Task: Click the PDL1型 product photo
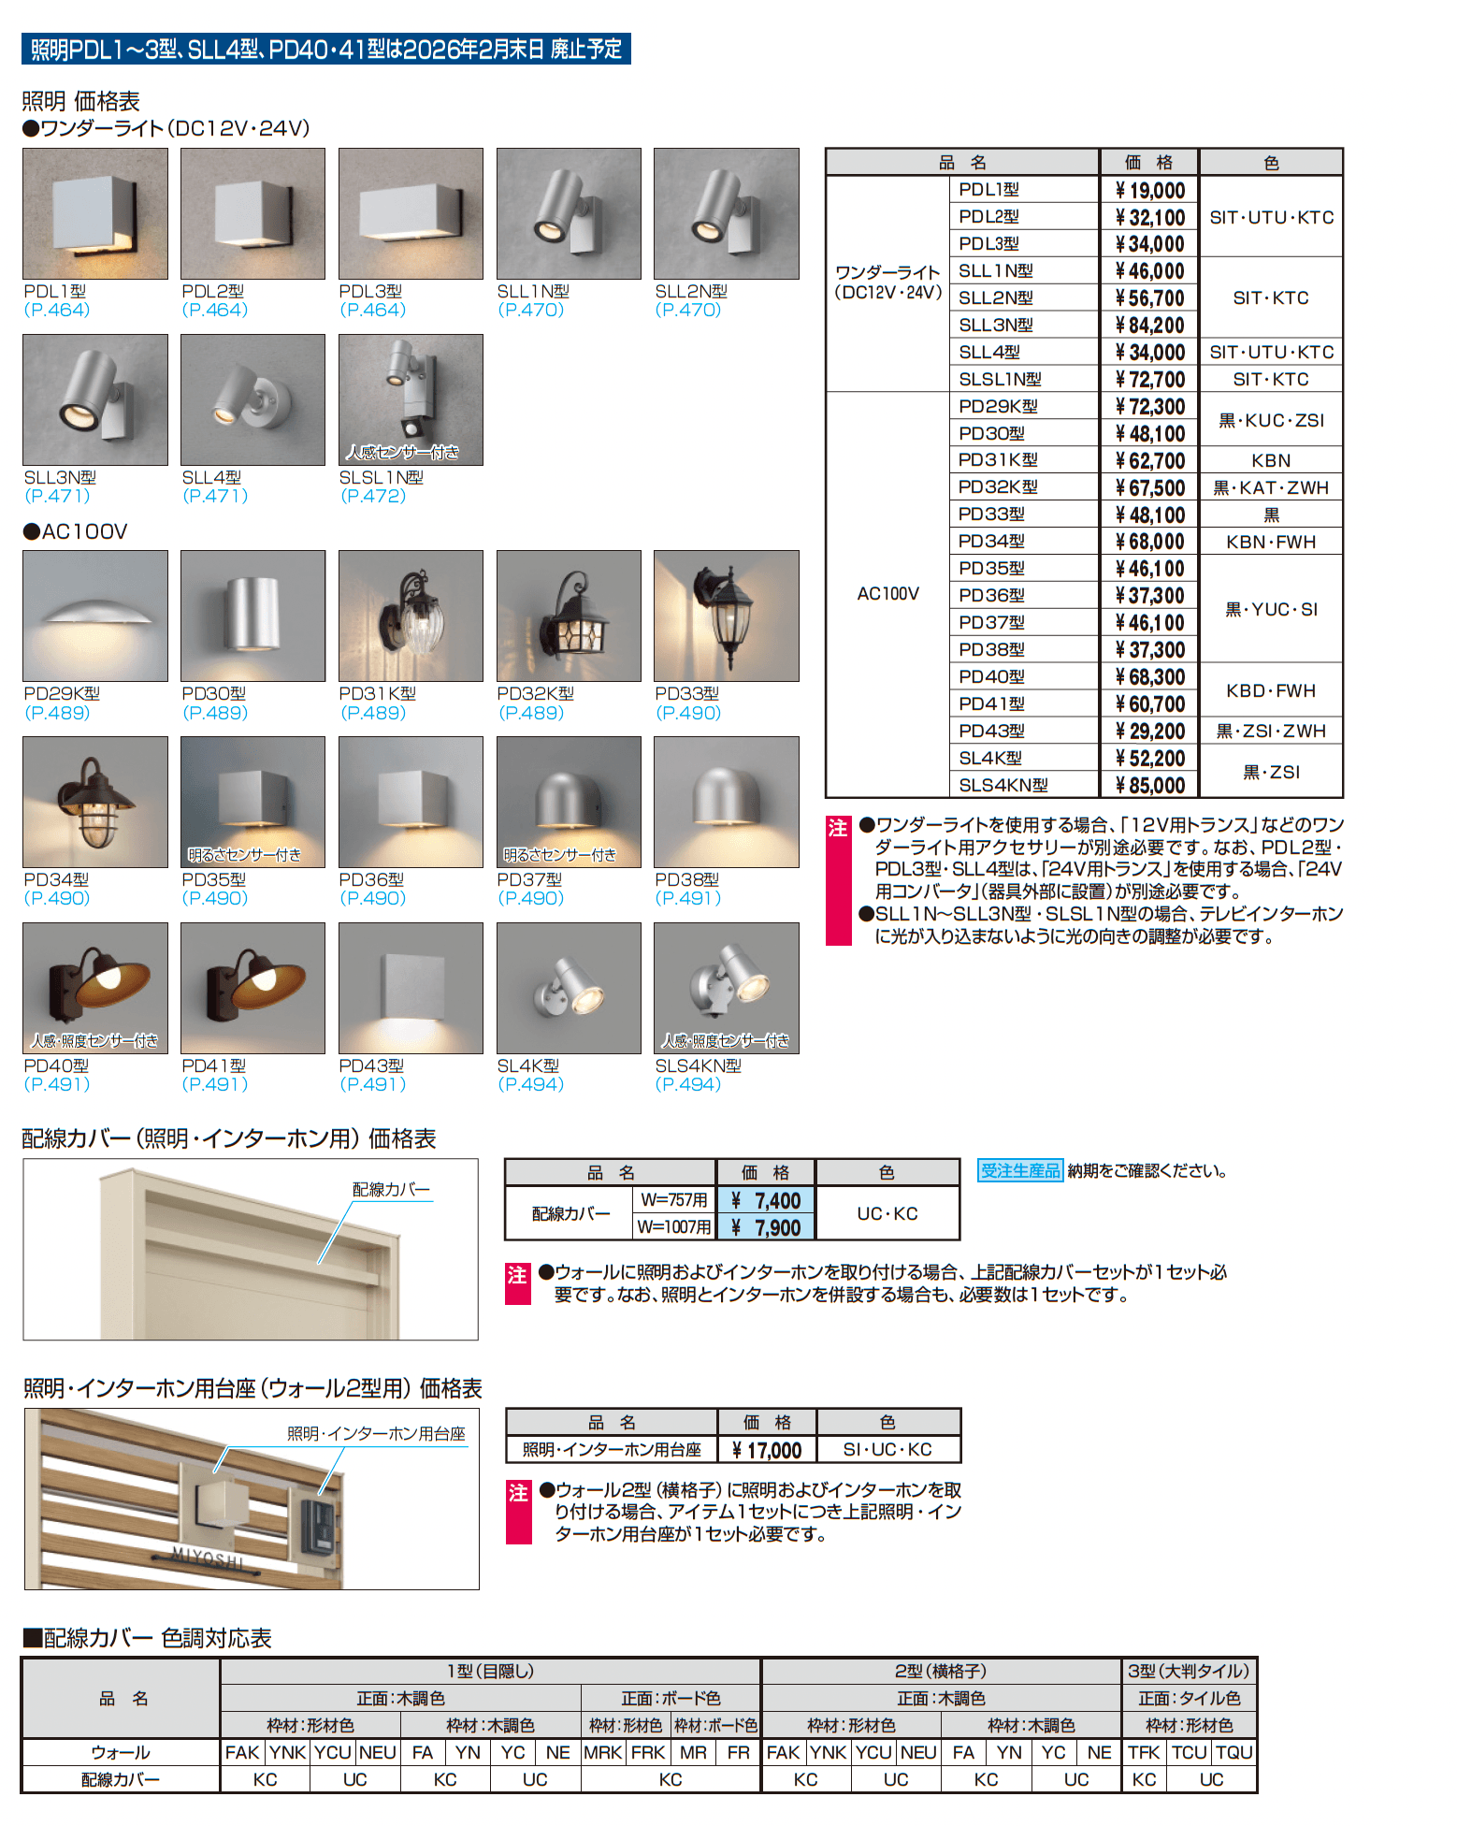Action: point(95,213)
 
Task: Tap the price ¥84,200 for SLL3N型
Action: point(1149,326)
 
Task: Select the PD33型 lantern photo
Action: point(726,616)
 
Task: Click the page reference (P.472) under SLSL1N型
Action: point(373,496)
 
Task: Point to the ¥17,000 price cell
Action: point(767,1450)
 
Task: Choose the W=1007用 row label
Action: point(673,1226)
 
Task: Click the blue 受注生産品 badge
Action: point(1019,1170)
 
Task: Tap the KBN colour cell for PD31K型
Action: point(1271,460)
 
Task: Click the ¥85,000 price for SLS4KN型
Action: point(1149,786)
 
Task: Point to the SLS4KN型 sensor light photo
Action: point(726,988)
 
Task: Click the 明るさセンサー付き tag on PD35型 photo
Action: point(244,855)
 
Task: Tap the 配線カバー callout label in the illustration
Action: point(391,1189)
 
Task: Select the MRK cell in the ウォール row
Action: point(603,1752)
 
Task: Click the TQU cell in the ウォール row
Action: point(1234,1752)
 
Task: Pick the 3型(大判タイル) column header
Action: point(1189,1671)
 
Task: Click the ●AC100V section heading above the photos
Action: point(76,531)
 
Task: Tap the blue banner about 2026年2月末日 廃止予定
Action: point(325,49)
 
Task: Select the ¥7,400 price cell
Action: point(767,1200)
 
